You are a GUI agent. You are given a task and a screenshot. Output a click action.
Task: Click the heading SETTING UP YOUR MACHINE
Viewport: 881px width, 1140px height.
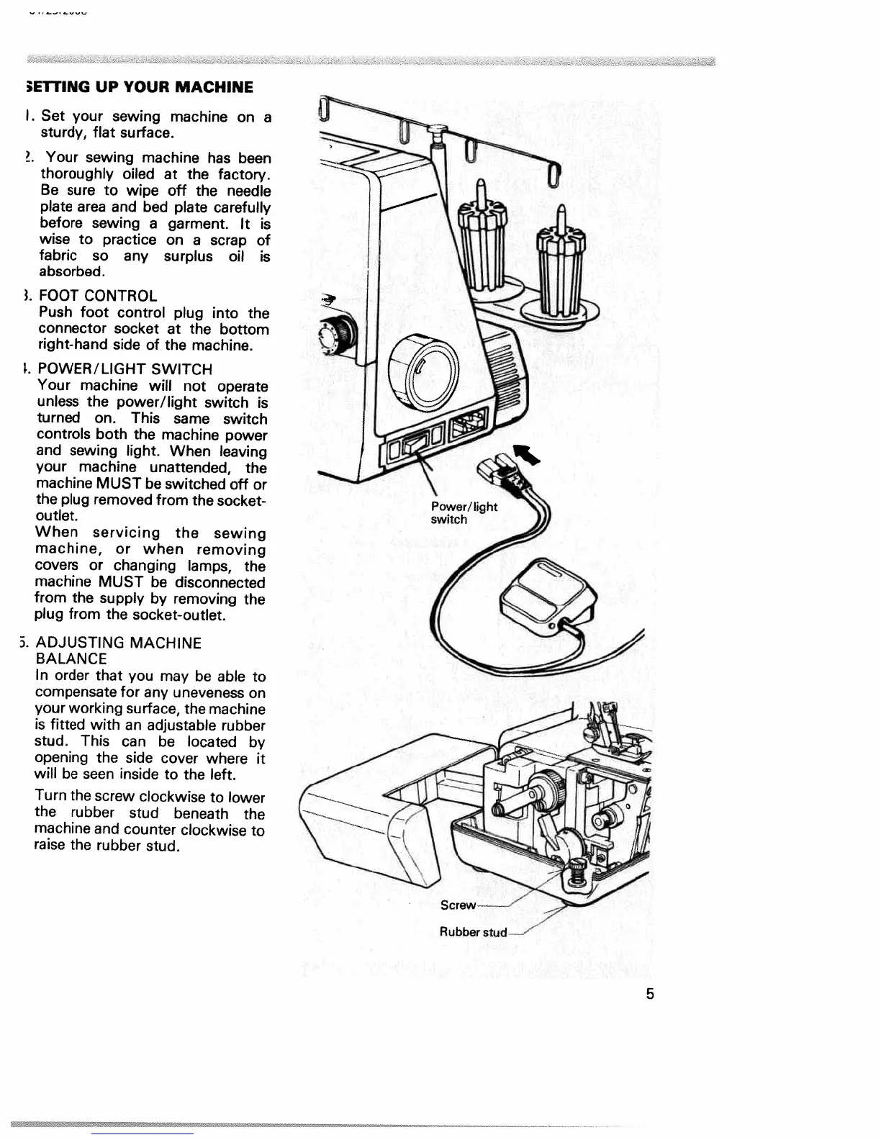pos(139,88)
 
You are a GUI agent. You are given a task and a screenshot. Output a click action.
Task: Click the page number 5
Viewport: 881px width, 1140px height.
pos(650,994)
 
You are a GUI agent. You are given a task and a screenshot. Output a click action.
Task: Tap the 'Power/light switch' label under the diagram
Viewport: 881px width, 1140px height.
pos(463,512)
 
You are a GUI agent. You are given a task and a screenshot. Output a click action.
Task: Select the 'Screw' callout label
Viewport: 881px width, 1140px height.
pos(458,905)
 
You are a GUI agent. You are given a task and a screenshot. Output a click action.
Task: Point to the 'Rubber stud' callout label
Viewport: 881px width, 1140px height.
pos(473,932)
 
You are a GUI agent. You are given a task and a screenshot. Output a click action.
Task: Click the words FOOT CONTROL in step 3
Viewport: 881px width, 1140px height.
pos(98,296)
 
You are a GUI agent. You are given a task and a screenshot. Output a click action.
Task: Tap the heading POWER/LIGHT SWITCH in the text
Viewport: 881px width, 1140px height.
pos(125,369)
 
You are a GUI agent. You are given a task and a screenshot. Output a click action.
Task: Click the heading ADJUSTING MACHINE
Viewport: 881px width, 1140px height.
pos(118,643)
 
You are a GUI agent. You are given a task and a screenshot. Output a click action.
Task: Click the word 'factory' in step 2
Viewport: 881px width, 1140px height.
pos(243,175)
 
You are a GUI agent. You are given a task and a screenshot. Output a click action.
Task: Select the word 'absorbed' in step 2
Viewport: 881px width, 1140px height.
pos(72,272)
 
